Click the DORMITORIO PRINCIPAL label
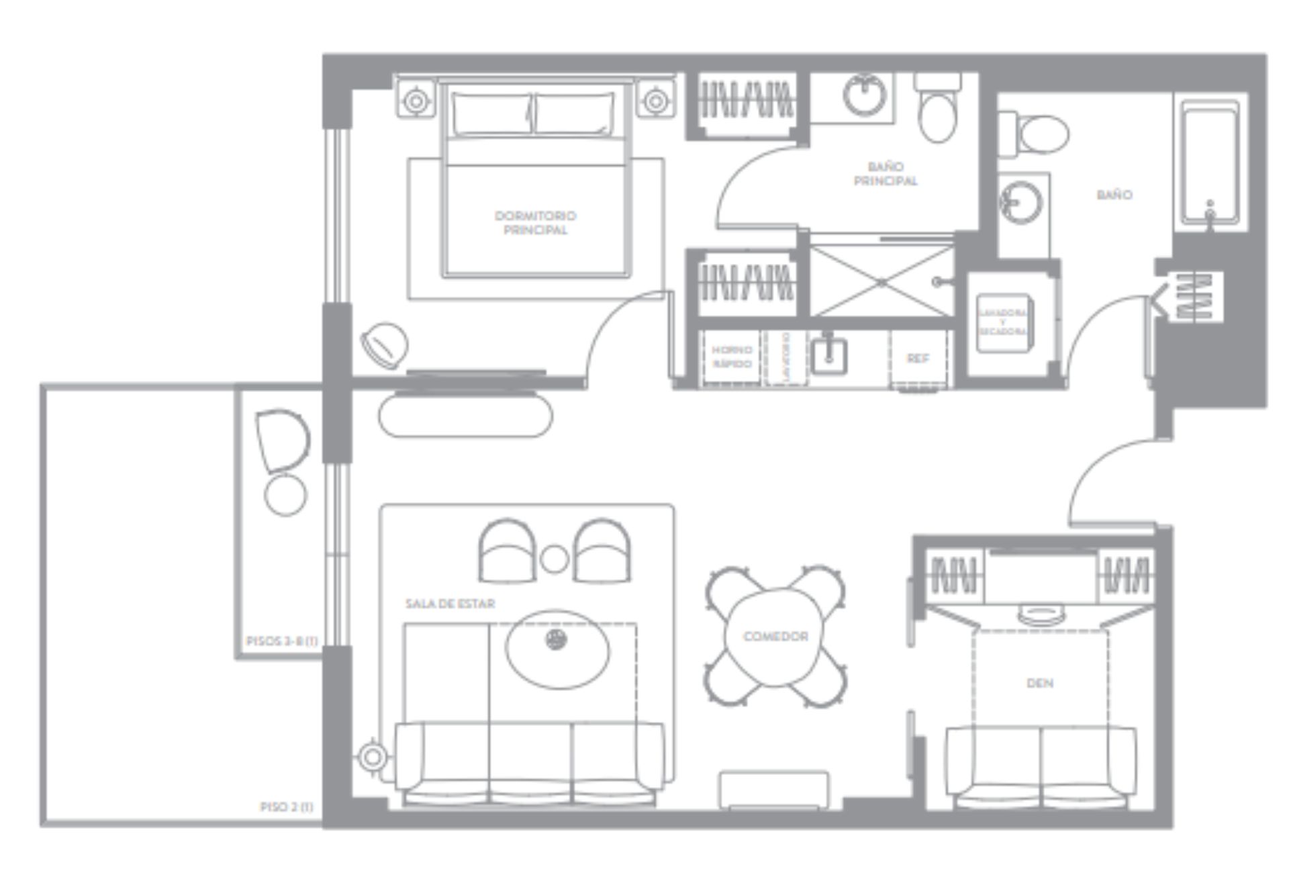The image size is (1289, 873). (x=535, y=223)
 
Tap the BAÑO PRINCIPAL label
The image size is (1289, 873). (x=886, y=173)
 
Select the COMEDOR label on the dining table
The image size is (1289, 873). (x=775, y=636)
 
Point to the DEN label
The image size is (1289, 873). (x=1040, y=683)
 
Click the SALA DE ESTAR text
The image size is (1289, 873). (x=450, y=604)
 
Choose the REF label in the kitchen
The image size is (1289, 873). (x=918, y=359)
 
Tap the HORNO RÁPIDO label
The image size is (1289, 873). (x=732, y=357)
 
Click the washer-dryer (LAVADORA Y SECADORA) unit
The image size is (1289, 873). (x=1003, y=322)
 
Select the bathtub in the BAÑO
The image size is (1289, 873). (x=1210, y=164)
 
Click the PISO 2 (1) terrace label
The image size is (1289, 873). (x=287, y=807)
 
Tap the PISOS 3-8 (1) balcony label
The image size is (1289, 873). (x=282, y=641)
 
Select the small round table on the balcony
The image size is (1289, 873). (x=285, y=495)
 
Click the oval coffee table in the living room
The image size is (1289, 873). (x=557, y=649)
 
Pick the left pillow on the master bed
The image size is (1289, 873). (x=493, y=114)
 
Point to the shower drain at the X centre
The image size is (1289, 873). (x=881, y=282)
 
